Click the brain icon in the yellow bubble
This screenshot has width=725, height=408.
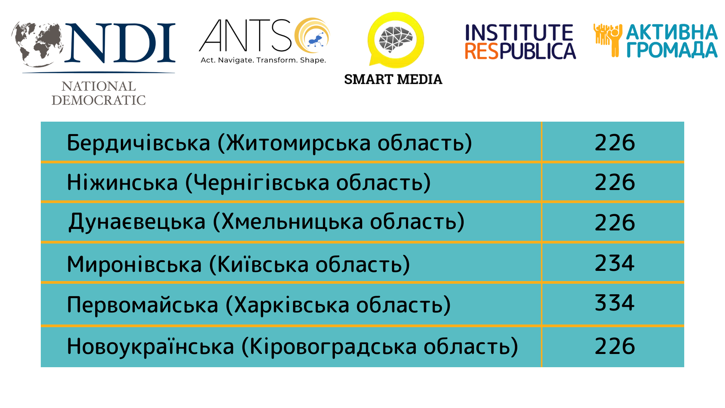coord(396,39)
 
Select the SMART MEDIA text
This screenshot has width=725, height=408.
coord(393,79)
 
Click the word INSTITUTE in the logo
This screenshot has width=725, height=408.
coord(519,32)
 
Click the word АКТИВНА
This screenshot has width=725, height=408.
coord(672,32)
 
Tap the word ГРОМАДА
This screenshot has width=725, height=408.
coord(672,49)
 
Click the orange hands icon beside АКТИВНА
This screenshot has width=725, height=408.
coord(608,40)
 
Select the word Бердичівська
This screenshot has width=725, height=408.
coord(138,143)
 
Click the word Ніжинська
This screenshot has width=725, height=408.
coord(122,182)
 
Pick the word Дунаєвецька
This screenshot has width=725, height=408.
coord(137,222)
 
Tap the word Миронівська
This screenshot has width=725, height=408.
coord(134,264)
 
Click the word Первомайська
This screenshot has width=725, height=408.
coord(143,305)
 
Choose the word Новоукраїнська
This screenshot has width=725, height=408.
coord(151,346)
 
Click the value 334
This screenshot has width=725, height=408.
coord(615,303)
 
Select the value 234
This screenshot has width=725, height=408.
coord(615,263)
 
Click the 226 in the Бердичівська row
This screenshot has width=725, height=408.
coord(615,143)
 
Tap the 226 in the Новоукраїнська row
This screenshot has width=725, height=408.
coord(615,346)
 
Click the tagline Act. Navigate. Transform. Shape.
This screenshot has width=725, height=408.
coord(263,60)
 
